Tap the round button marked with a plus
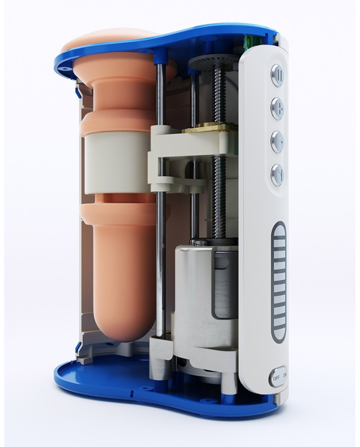[x=278, y=108]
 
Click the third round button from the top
[x=277, y=141]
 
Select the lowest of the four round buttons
[x=277, y=174]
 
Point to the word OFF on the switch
[x=276, y=379]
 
